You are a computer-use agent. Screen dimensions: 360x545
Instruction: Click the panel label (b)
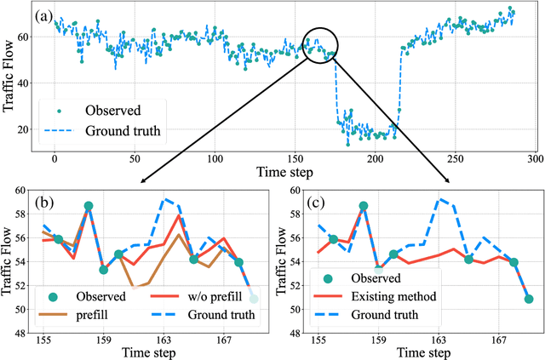pyautogui.click(x=48, y=204)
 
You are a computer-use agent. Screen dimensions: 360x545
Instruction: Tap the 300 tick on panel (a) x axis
pyautogui.click(x=533, y=158)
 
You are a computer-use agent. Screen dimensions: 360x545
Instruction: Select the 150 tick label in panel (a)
pyautogui.click(x=295, y=158)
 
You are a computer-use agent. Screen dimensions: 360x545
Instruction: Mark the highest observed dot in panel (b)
pyautogui.click(x=89, y=206)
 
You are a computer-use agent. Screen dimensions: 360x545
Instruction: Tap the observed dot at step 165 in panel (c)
pyautogui.click(x=468, y=259)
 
